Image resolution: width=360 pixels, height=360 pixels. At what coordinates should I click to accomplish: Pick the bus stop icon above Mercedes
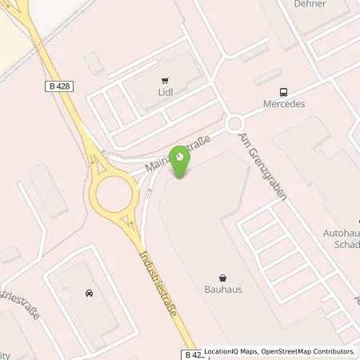pyautogui.click(x=282, y=91)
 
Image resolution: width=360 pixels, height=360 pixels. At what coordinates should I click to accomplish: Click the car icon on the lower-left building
pyautogui.click(x=87, y=293)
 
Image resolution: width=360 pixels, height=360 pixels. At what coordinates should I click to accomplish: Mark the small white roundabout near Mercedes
pyautogui.click(x=235, y=124)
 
